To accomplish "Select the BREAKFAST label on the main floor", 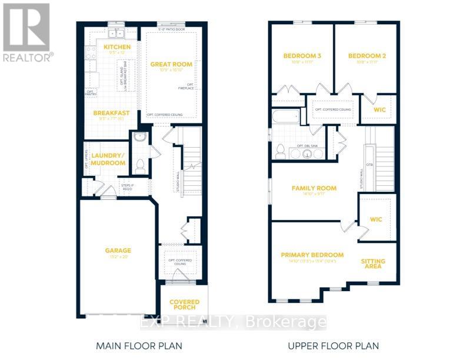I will (x=112, y=113).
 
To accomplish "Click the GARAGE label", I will (x=118, y=250).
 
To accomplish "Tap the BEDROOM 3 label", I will (x=302, y=56).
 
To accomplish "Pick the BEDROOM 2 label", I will (x=367, y=56).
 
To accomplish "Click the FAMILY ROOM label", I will (x=314, y=188).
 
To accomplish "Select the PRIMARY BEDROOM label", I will (x=312, y=255).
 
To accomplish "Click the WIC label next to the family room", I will (x=376, y=219).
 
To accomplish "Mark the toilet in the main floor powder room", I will (x=141, y=166).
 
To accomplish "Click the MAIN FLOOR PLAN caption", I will (x=139, y=345).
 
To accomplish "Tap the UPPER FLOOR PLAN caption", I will (x=333, y=345).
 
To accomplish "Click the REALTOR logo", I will (x=27, y=32).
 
